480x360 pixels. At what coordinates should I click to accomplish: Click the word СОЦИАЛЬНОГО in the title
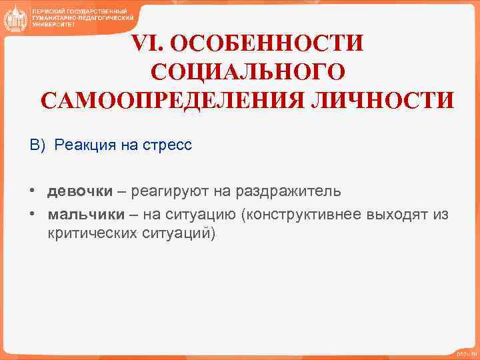pos(248,71)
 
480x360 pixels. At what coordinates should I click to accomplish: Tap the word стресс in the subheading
pos(166,145)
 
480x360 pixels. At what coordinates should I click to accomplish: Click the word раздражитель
pos(290,192)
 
